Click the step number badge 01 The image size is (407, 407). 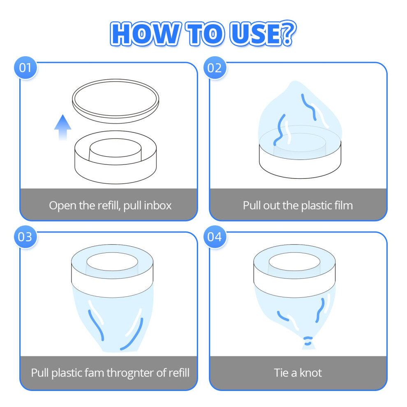coord(25,68)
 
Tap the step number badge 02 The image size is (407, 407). coord(215,68)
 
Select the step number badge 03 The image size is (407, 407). coord(25,237)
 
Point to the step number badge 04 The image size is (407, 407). coord(215,237)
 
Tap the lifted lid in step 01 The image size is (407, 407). coord(116,101)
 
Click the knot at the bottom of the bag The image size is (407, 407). coord(308,342)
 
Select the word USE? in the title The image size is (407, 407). coord(263,33)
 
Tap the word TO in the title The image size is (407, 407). coord(205,34)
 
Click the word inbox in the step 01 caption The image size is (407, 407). coord(158,205)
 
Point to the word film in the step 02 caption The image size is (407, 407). coord(343,205)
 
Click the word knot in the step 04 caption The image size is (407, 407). coord(311,373)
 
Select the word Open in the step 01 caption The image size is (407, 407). coord(62,206)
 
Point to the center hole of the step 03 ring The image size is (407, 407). coord(112,261)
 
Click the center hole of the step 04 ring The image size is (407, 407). coord(294,261)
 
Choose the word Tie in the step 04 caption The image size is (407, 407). coord(281,373)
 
